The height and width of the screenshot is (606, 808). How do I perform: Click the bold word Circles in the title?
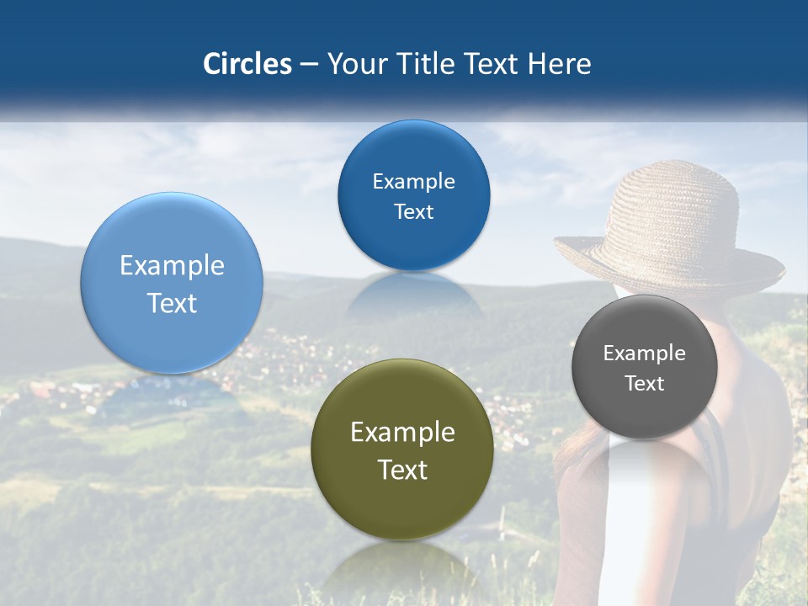tap(247, 64)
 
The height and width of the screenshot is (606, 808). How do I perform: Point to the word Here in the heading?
tap(560, 64)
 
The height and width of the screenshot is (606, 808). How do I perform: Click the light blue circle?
tap(172, 283)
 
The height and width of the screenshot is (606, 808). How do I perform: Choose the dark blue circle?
tap(413, 195)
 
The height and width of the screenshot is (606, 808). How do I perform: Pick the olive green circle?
tap(402, 449)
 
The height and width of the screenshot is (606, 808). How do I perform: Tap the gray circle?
tap(644, 367)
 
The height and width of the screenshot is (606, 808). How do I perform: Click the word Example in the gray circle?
tap(644, 353)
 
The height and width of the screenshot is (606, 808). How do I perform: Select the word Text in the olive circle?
tap(402, 470)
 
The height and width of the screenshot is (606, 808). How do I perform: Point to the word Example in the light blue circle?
tap(172, 266)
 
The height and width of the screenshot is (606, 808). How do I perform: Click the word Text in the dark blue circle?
tap(413, 212)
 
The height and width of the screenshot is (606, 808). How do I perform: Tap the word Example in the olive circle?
tap(402, 433)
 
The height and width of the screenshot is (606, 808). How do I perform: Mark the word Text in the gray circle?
tap(644, 384)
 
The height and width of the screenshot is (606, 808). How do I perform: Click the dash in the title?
tap(308, 65)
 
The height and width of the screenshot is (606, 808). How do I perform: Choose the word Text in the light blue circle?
tap(172, 303)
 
